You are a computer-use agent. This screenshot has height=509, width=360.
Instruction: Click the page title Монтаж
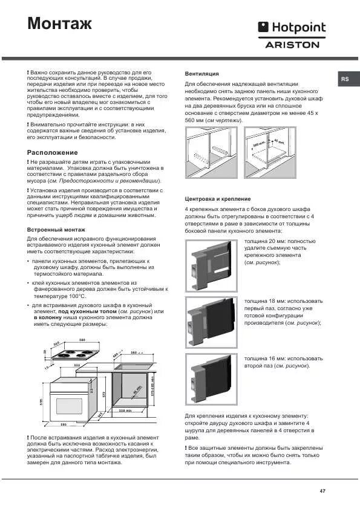[60, 24]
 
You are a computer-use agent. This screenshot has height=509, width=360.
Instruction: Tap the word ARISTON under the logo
[292, 44]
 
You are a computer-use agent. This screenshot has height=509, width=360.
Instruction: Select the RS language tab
[344, 79]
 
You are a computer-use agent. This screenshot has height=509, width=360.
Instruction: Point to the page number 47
[322, 490]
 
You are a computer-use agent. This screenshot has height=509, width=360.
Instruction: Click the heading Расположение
[53, 152]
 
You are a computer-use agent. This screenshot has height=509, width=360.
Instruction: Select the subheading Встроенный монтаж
[56, 230]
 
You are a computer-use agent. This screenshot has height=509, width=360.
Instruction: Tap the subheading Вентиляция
[201, 73]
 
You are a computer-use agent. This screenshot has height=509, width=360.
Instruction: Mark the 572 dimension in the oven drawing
[103, 395]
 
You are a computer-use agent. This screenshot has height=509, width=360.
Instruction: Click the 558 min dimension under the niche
[125, 410]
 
